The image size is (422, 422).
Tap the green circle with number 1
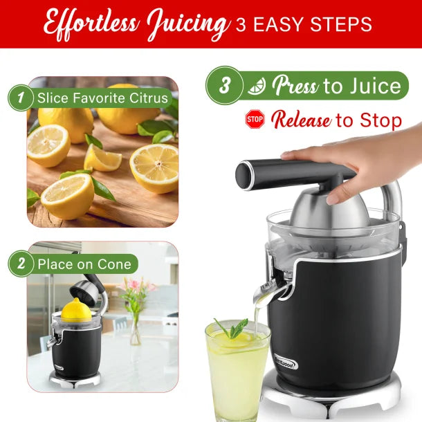coord(21,98)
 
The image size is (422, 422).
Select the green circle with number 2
coord(21,264)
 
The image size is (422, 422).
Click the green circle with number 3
coord(225,86)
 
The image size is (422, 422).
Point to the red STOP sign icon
coord(255,120)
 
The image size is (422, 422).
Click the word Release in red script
coord(300,120)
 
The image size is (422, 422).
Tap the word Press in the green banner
coord(294,86)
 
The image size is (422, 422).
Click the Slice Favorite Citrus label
coord(102,98)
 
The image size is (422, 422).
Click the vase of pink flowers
coord(134,308)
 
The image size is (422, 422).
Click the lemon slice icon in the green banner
coord(257,86)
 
